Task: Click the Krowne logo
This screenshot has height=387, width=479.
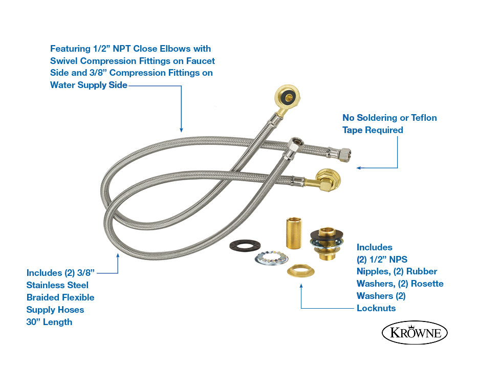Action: click(415, 333)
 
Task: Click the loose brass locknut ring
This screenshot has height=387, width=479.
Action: click(300, 269)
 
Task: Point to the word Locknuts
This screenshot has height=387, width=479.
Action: click(376, 308)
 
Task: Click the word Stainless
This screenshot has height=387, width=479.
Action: click(57, 285)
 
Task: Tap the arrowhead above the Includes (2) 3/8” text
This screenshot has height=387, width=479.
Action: click(118, 254)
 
